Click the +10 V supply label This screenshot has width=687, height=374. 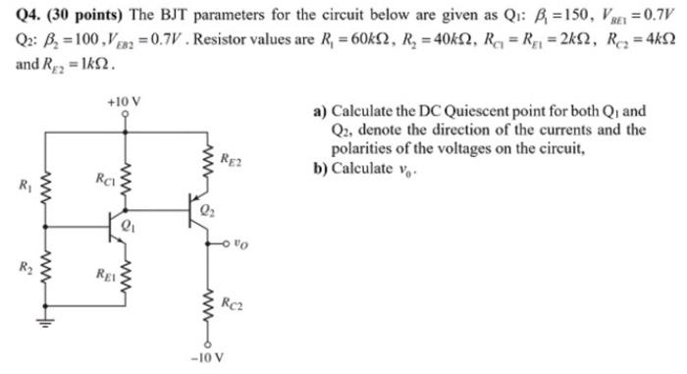(125, 102)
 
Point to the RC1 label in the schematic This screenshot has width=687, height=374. (105, 178)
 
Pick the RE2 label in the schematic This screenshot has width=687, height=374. (232, 158)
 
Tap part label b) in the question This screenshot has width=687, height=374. (320, 168)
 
